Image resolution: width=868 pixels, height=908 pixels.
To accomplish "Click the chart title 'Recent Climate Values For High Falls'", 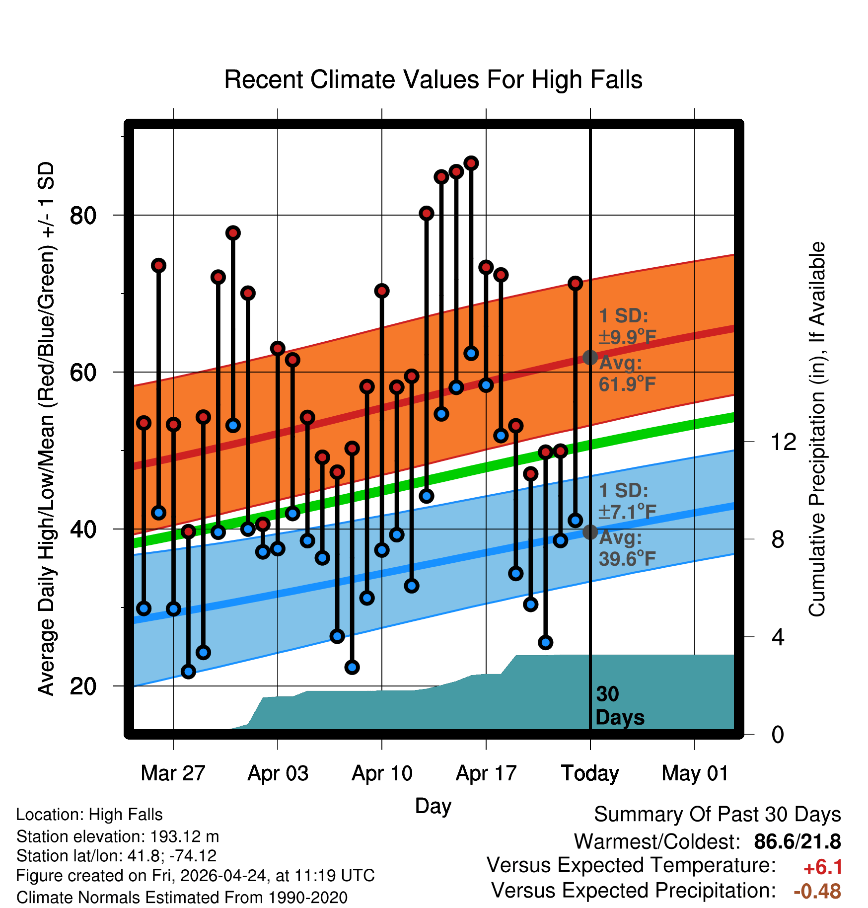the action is click(433, 79).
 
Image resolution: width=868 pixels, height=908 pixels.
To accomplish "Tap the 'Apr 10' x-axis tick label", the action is click(382, 773).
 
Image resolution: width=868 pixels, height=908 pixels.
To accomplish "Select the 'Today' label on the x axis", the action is click(590, 773).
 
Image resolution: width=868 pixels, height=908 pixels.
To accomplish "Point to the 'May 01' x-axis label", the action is click(695, 773).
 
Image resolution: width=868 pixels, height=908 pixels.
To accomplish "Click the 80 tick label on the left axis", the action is click(83, 216).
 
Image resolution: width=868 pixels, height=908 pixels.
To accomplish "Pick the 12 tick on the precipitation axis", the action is click(783, 442).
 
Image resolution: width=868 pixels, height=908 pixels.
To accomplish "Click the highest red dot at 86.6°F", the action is click(471, 163).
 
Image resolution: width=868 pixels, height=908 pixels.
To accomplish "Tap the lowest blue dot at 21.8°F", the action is click(188, 672).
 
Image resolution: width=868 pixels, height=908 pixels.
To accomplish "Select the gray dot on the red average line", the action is click(590, 357).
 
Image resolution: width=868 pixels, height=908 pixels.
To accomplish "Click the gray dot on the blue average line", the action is click(590, 532).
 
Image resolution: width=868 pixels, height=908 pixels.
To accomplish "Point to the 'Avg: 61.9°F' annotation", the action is click(627, 374).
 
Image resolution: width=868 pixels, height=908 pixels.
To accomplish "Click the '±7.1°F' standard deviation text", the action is click(627, 511).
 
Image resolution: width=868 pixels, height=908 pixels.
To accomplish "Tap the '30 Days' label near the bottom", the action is click(620, 706).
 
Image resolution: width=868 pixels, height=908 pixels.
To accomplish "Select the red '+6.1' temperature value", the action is click(823, 867).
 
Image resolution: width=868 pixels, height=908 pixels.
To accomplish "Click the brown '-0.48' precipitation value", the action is click(817, 891).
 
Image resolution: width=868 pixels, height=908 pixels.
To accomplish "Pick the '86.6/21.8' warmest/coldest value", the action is click(797, 841).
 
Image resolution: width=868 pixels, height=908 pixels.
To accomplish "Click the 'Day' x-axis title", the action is click(433, 806).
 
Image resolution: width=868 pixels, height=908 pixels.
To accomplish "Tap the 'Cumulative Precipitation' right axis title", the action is click(817, 429).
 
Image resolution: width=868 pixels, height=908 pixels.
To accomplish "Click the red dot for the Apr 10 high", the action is click(382, 291).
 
